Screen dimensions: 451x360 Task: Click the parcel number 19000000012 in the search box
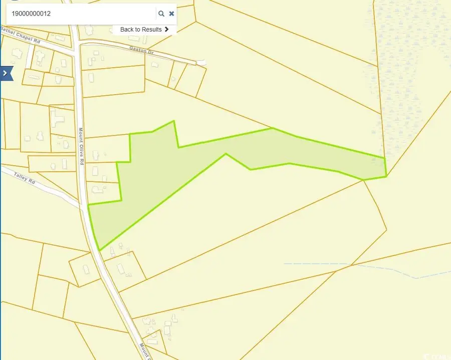click(x=31, y=14)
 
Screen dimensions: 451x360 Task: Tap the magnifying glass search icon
click(x=161, y=14)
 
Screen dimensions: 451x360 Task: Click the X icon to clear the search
click(x=172, y=14)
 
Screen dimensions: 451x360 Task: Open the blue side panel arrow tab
click(x=6, y=73)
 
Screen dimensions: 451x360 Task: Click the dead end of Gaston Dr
click(x=202, y=62)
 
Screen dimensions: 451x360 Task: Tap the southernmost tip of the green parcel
click(x=100, y=250)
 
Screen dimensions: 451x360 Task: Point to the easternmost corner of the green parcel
click(x=386, y=175)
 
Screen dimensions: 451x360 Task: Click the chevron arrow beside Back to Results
click(x=166, y=30)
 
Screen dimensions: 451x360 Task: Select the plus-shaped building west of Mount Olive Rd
click(x=56, y=120)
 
